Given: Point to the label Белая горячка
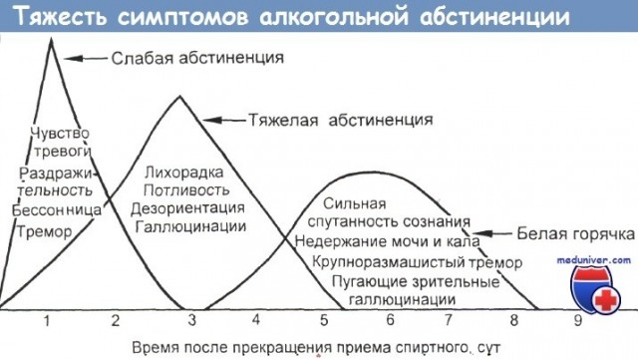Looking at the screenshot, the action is point(574,235).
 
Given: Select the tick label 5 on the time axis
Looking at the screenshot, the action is point(324,320).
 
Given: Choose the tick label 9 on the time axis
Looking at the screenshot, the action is point(577,320).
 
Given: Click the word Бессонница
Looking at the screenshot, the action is point(57,211).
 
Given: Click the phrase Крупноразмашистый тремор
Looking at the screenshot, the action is point(402,262).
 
